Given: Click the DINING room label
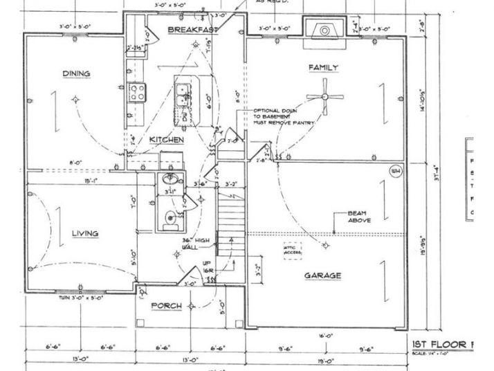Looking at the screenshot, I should (77, 73).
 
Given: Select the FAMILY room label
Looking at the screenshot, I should (323, 67).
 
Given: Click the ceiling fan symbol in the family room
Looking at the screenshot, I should (326, 98).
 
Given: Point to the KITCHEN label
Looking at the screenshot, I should (167, 140).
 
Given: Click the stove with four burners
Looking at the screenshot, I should (136, 91).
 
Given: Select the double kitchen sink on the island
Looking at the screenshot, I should (184, 94).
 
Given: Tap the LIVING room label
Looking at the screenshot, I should (84, 233).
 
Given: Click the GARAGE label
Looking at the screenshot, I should (323, 275).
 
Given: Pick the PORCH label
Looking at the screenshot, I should (167, 305).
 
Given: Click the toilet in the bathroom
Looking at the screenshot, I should (169, 219).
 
